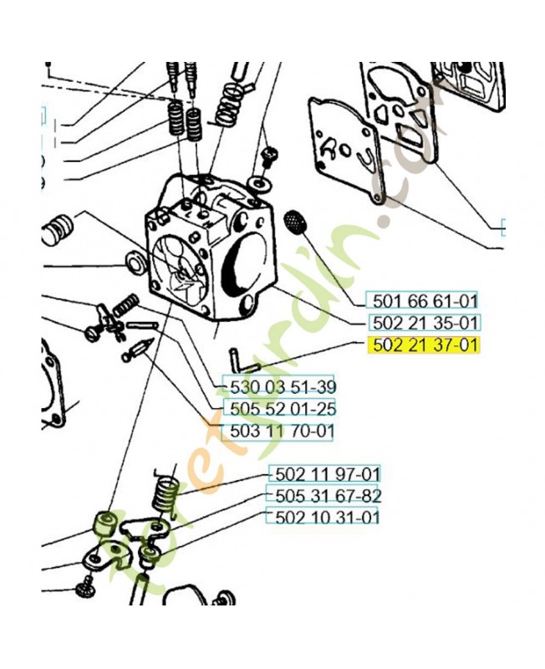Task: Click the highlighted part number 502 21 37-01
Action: (x=425, y=345)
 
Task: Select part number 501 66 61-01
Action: (x=425, y=301)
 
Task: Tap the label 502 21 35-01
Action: (x=425, y=323)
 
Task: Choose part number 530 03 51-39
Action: (x=283, y=387)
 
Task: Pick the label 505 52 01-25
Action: (x=283, y=409)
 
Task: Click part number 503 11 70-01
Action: (x=282, y=431)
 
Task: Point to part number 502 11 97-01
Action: (x=328, y=474)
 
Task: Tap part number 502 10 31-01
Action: (x=328, y=518)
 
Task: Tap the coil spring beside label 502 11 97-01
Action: (x=166, y=492)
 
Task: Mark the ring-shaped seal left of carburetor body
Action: (x=136, y=264)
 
